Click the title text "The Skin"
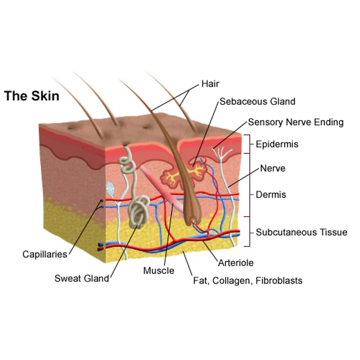point(32,96)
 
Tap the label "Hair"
point(210,84)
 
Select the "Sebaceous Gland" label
point(257,102)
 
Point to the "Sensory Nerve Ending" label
point(295,122)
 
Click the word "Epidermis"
point(277,144)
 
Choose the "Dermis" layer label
point(271,195)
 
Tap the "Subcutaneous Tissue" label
point(301,232)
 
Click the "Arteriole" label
point(236,263)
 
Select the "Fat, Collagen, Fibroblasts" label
point(247,281)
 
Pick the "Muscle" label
point(159,271)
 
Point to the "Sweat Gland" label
point(82,278)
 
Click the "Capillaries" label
point(45,254)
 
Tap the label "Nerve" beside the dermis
point(272,168)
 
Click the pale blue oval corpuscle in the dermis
point(111,187)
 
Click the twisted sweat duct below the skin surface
point(127,162)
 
